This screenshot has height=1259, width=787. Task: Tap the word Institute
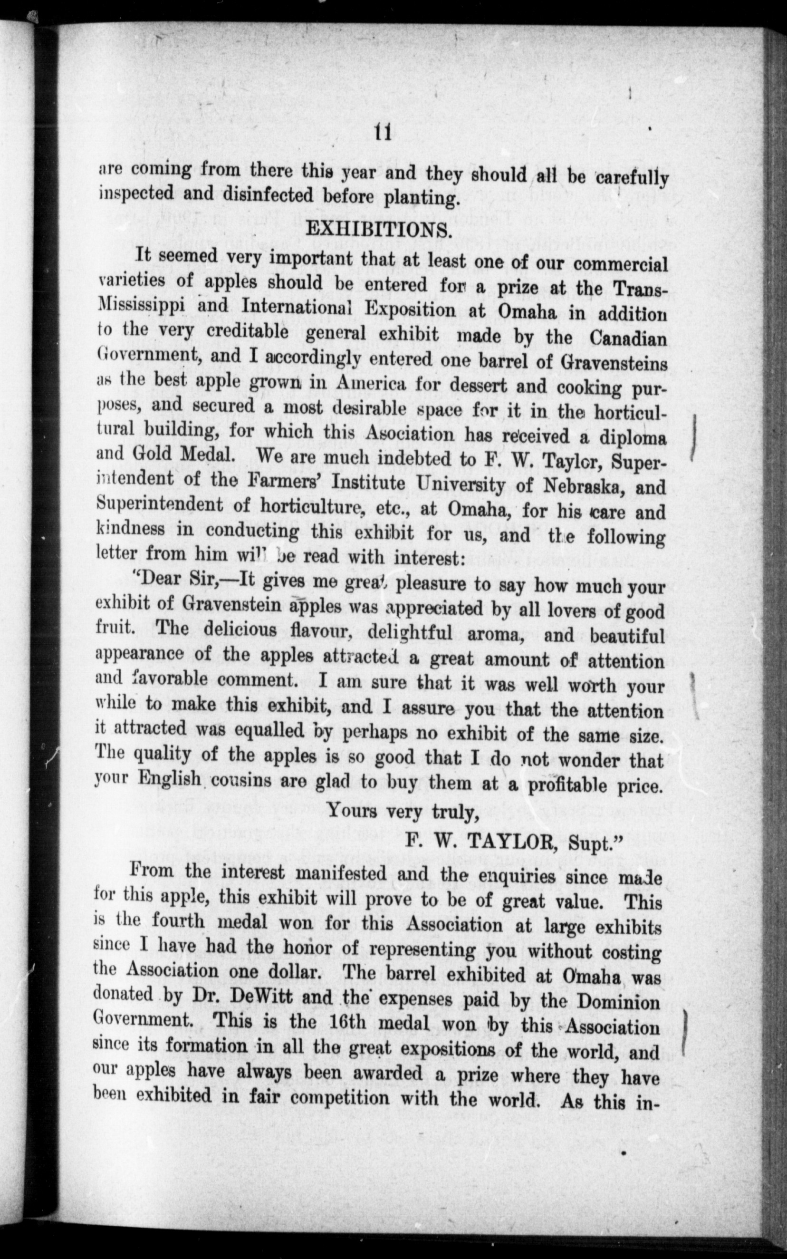tap(368, 483)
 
